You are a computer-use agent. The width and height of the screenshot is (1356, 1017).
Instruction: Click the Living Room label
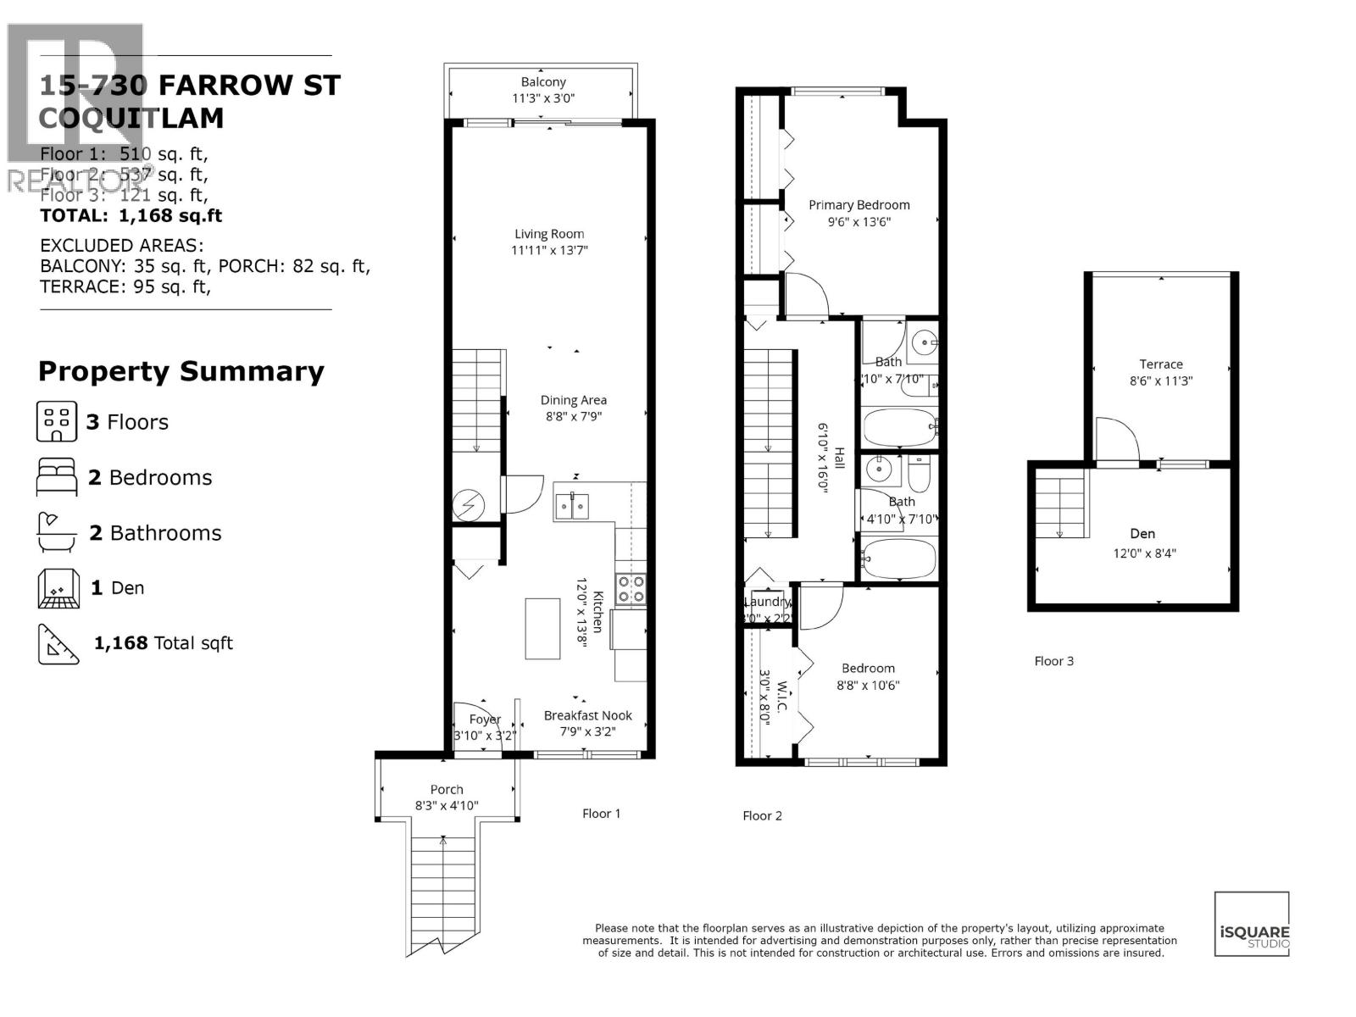(549, 234)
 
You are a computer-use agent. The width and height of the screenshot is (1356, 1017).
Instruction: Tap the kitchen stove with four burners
(631, 589)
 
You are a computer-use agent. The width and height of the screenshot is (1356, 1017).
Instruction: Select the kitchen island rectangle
(542, 628)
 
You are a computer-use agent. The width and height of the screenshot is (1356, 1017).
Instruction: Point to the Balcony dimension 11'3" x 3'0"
(543, 98)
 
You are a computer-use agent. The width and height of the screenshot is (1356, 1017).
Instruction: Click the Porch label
(447, 789)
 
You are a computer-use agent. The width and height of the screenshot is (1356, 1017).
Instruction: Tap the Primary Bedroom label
(859, 205)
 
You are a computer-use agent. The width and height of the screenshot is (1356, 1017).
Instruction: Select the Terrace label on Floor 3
(1160, 364)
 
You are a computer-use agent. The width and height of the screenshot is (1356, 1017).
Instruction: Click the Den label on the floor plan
(1142, 534)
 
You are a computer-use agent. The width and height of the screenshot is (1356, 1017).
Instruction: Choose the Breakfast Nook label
(587, 716)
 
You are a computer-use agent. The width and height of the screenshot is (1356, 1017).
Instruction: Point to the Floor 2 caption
(762, 815)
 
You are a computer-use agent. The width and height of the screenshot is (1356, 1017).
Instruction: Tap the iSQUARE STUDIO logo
(1252, 924)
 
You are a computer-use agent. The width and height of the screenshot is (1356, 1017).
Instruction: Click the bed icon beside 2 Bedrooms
(57, 477)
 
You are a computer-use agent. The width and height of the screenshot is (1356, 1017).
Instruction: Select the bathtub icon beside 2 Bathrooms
(57, 532)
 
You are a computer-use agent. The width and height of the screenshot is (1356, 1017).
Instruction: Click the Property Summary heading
(181, 371)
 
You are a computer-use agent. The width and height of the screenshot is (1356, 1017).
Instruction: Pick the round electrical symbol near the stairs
(468, 506)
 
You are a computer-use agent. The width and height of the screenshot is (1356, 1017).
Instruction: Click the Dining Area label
(573, 400)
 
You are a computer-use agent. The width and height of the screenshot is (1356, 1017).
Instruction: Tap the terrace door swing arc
(1117, 438)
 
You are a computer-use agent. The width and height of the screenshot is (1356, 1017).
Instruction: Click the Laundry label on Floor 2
(767, 602)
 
